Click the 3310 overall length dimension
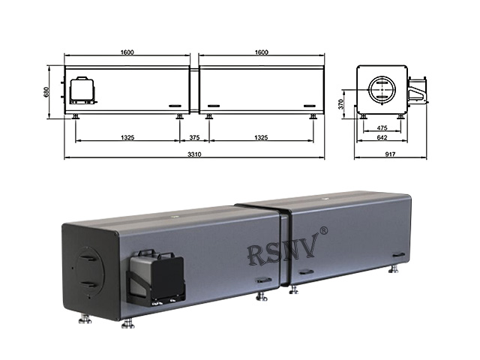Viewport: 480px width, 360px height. [x=194, y=154]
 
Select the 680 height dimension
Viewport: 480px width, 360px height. [x=46, y=91]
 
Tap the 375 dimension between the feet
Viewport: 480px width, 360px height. [x=194, y=137]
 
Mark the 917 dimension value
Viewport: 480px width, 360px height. [x=391, y=154]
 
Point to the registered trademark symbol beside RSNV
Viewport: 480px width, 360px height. [x=323, y=232]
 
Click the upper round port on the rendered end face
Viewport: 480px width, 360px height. [x=88, y=256]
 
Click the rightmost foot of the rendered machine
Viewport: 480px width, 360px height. [x=394, y=268]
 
